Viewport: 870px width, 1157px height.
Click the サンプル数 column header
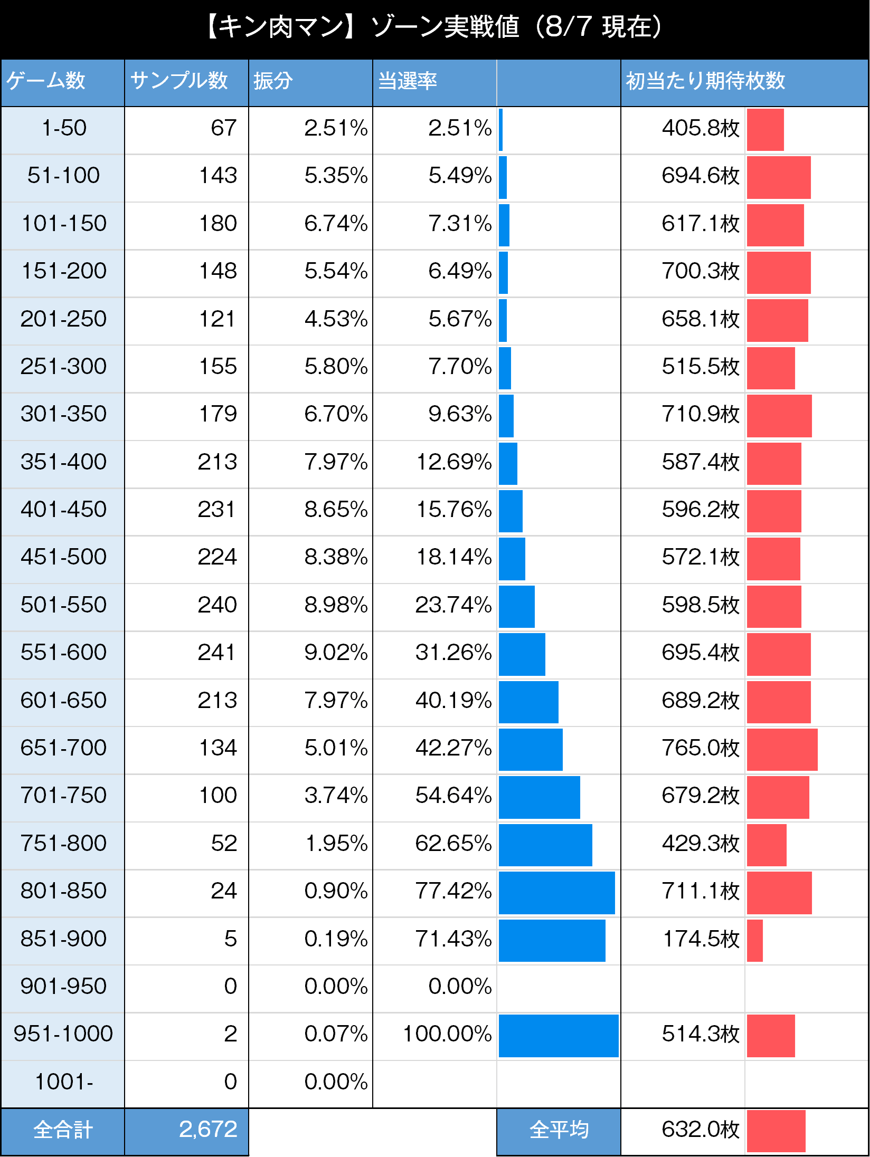click(178, 81)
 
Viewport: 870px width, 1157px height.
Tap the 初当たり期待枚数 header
click(705, 81)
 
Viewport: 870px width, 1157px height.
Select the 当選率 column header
click(408, 81)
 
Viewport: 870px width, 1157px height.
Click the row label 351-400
click(63, 462)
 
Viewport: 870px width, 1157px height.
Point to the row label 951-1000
click(63, 1034)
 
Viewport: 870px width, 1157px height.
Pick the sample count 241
click(217, 652)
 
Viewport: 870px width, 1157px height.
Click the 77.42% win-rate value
click(453, 891)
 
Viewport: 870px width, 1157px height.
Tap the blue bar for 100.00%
click(559, 1036)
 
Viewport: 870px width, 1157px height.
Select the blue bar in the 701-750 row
click(539, 797)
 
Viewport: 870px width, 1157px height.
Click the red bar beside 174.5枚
click(755, 940)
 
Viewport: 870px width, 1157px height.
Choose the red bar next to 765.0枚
click(782, 749)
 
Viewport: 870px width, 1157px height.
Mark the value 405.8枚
click(700, 128)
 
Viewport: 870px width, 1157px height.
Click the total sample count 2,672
click(208, 1129)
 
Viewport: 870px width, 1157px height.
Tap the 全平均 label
click(559, 1130)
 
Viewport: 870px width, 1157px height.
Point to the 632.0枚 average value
click(700, 1129)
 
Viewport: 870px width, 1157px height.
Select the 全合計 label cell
click(63, 1130)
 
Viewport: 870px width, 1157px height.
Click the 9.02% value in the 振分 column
click(336, 652)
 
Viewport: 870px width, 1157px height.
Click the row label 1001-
click(63, 1082)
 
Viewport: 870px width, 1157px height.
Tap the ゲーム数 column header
click(46, 81)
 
